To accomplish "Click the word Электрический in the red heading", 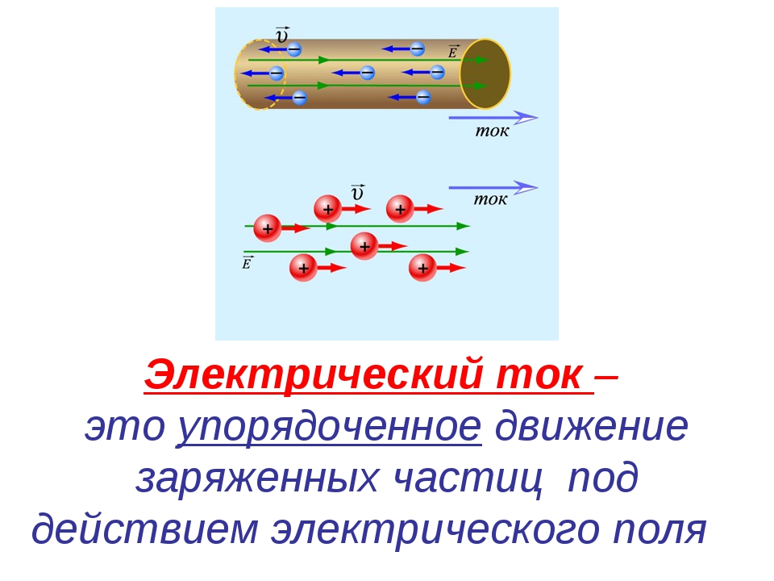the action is (313, 375).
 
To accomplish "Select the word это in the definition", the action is (124, 426).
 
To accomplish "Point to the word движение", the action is (591, 426).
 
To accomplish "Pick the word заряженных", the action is (256, 479).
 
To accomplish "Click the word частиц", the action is (468, 479).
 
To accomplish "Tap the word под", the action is (603, 479).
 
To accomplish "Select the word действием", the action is (144, 529).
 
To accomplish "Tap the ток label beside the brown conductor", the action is (492, 131).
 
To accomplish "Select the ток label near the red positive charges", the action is (490, 199).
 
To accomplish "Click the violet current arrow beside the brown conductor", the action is (493, 118).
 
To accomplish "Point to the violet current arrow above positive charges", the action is (493, 188).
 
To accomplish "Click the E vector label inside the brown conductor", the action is (453, 51).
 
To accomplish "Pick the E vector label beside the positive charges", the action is (247, 262).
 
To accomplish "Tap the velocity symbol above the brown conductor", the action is (282, 35).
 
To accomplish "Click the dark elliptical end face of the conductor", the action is (485, 74).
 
